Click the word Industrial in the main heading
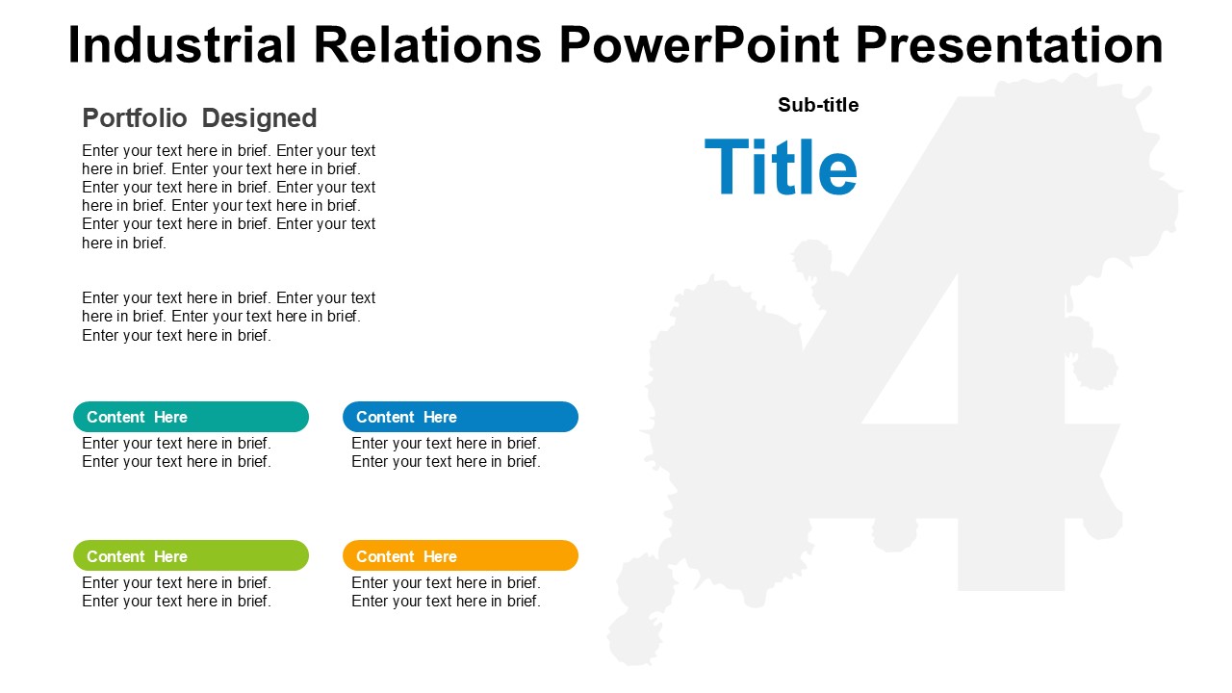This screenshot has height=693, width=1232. tap(182, 44)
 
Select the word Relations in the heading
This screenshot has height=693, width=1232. tap(427, 44)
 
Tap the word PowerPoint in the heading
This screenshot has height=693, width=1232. tap(699, 44)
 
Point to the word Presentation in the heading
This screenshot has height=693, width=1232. tap(1010, 44)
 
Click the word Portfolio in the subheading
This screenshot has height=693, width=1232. tap(135, 117)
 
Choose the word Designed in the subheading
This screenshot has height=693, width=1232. tap(259, 118)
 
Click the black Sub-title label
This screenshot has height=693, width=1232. tap(818, 105)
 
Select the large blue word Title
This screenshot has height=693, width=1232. tap(781, 167)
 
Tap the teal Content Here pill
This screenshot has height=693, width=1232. tap(191, 417)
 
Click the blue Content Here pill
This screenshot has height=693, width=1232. tap(460, 417)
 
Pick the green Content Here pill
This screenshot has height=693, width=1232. tap(191, 555)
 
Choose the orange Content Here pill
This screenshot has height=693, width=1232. tap(460, 555)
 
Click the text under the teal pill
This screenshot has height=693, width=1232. tap(176, 452)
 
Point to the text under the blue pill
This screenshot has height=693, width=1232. tap(446, 452)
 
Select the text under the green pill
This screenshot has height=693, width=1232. tap(176, 592)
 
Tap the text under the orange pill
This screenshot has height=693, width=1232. tap(446, 592)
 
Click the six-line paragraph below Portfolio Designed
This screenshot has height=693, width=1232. tap(229, 196)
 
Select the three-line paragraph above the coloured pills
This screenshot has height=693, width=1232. tap(229, 317)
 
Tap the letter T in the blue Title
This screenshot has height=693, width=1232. tap(727, 167)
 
